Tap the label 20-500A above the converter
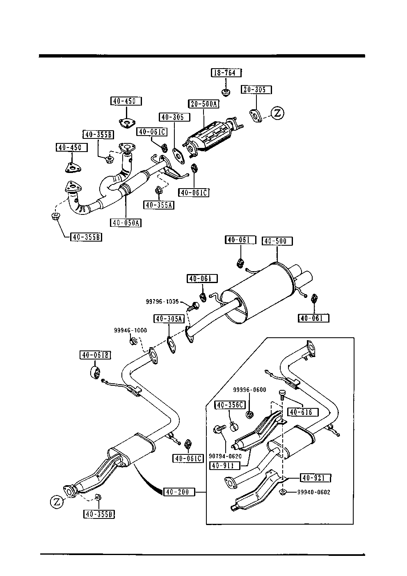click(x=203, y=104)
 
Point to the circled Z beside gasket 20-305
click(x=277, y=113)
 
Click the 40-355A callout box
click(x=159, y=205)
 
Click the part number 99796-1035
click(x=162, y=301)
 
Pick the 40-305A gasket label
click(x=169, y=318)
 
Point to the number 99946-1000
click(x=130, y=330)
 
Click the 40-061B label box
click(x=95, y=355)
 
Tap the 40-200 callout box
click(x=179, y=491)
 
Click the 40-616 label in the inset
click(x=303, y=412)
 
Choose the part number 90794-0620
click(x=225, y=456)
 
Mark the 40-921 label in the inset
click(x=316, y=478)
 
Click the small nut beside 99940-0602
click(x=283, y=492)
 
